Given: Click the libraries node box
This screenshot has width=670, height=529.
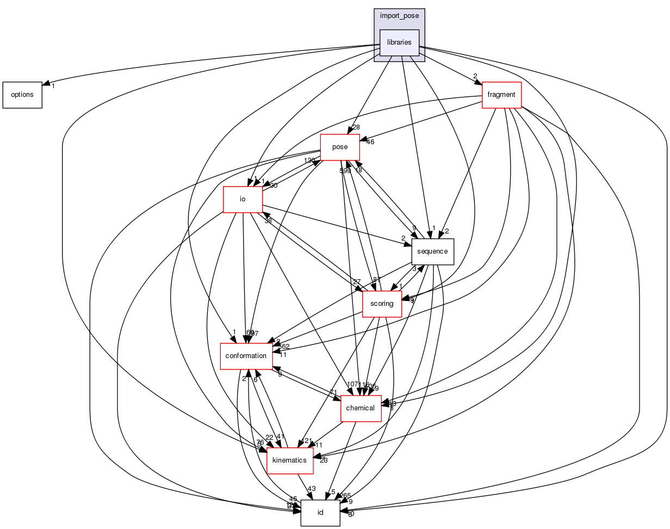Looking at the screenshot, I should [399, 42].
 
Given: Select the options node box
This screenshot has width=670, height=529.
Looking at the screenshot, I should [22, 95].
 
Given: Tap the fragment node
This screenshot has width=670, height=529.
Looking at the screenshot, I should [501, 95].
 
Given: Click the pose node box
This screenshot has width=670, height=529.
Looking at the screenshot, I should [340, 147].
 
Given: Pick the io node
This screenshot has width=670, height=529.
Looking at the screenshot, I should [243, 199].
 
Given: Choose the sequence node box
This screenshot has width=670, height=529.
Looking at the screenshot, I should [432, 251].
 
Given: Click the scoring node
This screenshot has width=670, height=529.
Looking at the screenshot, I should [382, 304].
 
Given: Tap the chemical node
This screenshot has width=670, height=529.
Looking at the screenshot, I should [361, 408].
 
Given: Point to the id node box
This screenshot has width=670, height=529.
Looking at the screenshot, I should [320, 513].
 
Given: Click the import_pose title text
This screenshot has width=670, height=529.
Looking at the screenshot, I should [399, 16].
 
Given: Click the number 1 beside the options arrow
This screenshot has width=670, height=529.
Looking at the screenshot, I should [53, 87].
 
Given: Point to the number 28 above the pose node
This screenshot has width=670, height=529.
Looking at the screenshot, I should [356, 127].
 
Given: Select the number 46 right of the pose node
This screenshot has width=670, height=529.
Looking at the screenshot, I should [370, 142].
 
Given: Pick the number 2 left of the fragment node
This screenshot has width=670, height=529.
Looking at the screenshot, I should [475, 76].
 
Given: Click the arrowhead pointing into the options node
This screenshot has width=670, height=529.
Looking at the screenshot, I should [46, 85].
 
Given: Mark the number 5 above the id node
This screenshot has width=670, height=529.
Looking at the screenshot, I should [333, 492].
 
